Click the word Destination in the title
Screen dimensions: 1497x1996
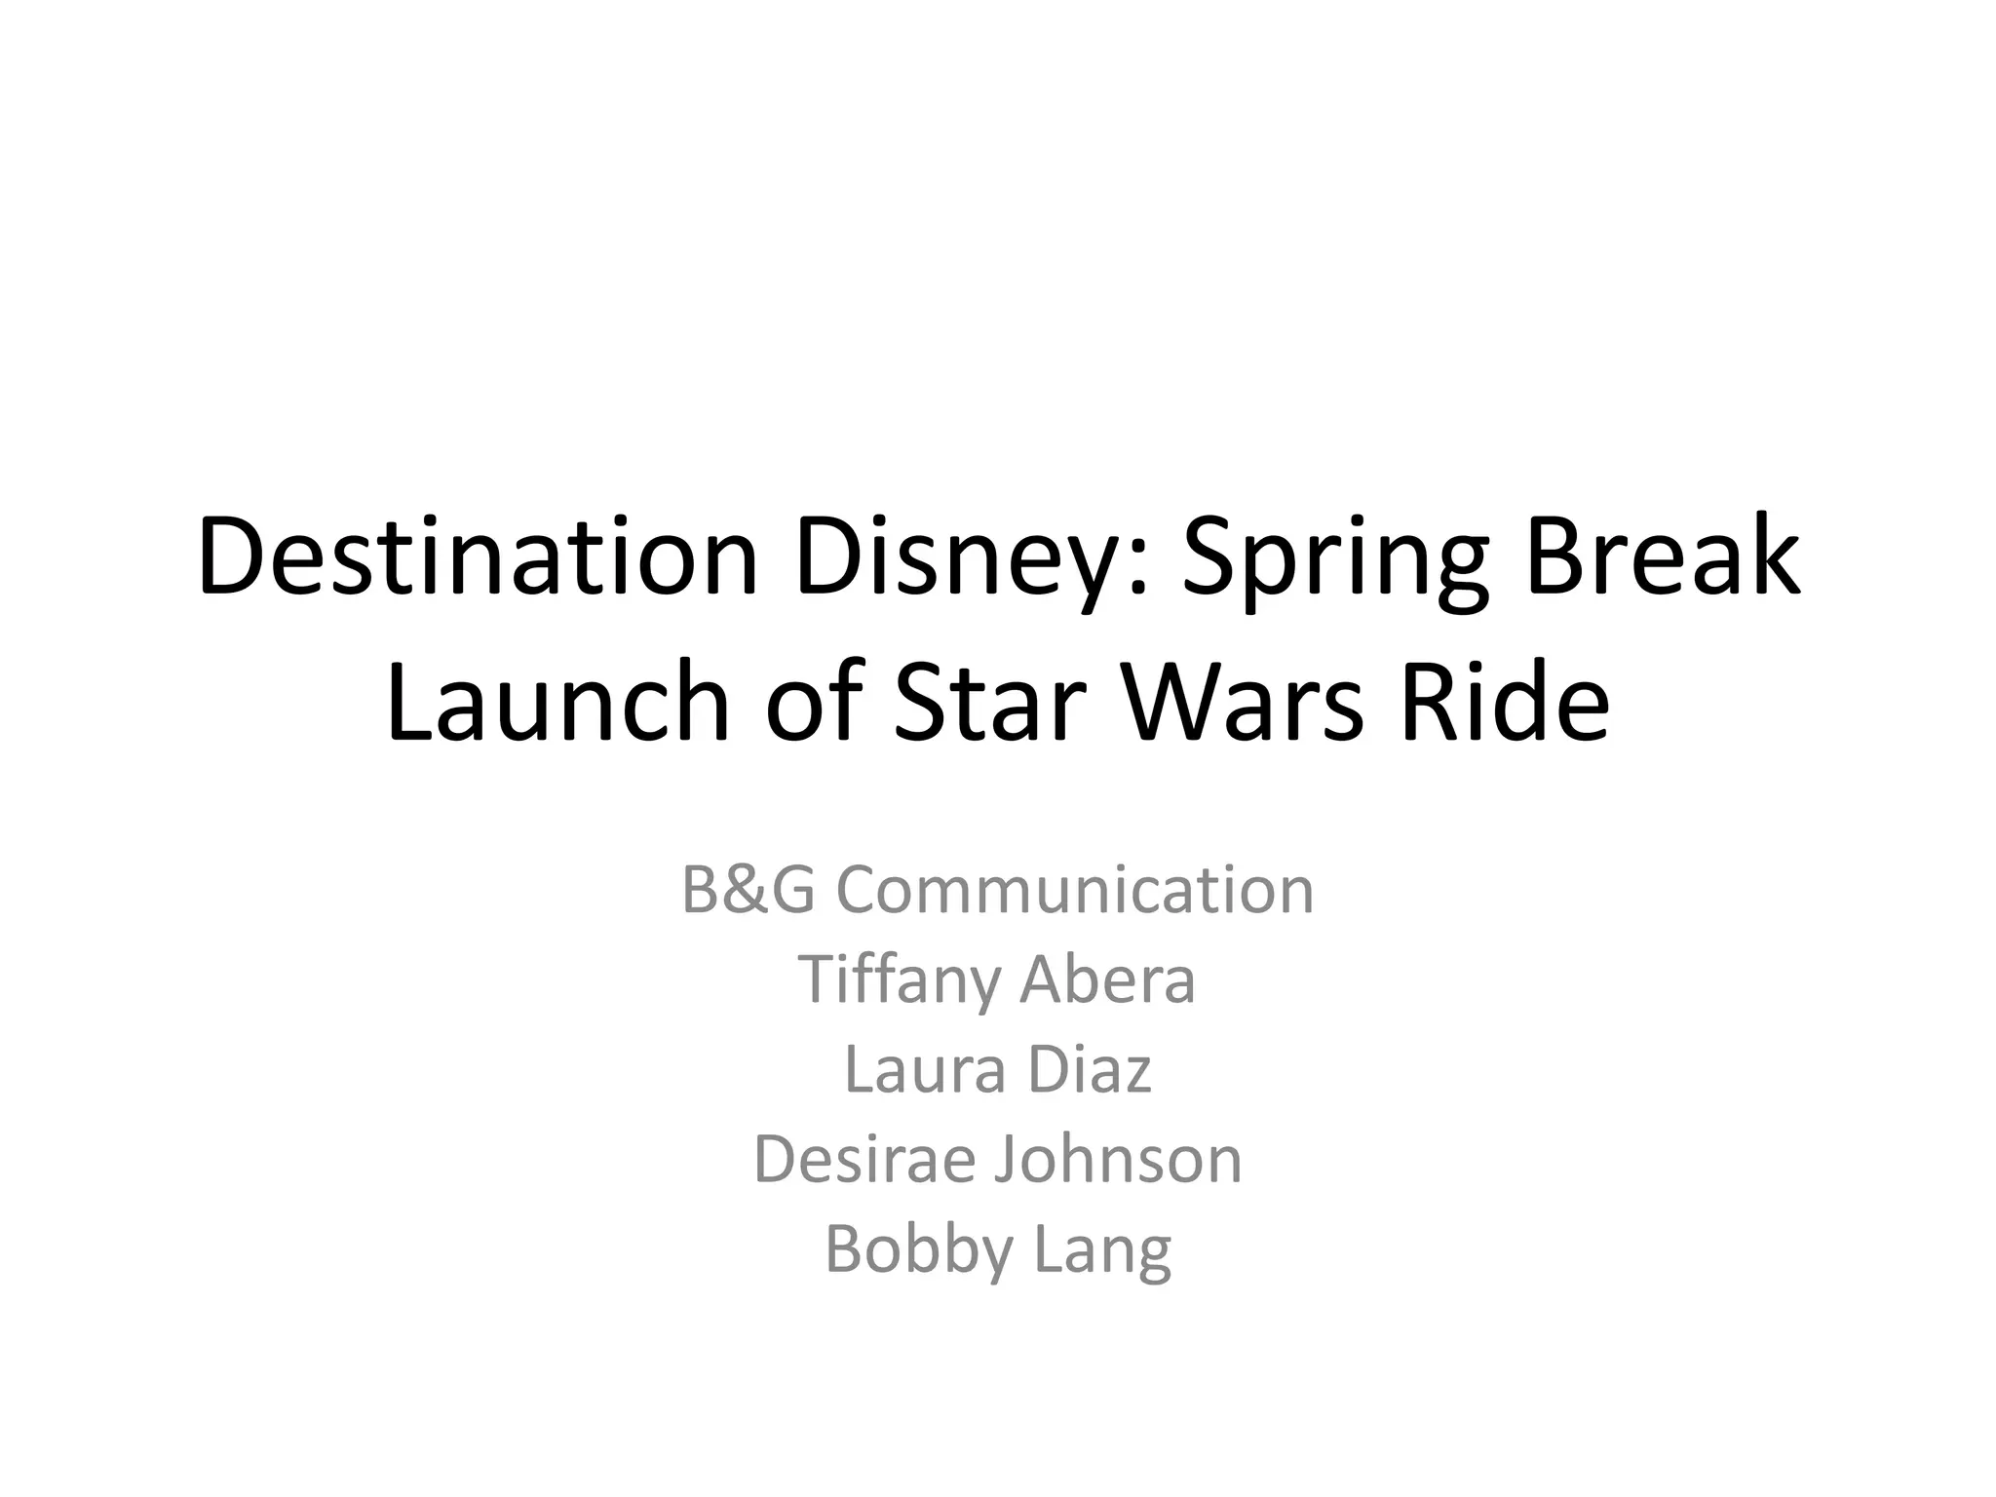[478, 557]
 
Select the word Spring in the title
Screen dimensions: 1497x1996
[1335, 557]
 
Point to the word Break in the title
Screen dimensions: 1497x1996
[1662, 557]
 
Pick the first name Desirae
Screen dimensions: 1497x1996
[864, 1159]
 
